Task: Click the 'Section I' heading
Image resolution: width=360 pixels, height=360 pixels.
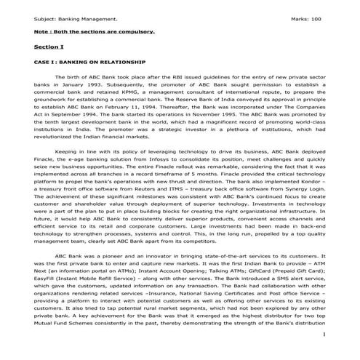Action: [x=49, y=46]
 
